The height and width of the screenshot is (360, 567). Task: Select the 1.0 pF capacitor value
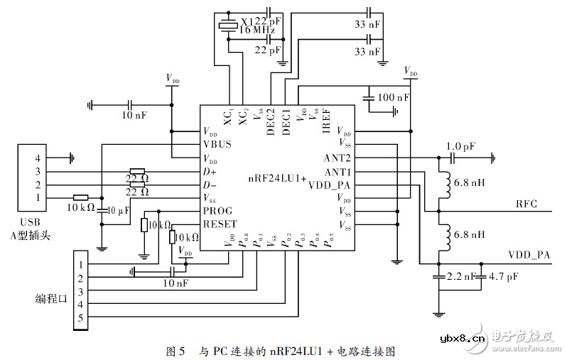pyautogui.click(x=460, y=146)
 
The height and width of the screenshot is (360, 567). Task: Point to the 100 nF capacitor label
pyautogui.click(x=394, y=97)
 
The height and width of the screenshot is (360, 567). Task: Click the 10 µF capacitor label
pyautogui.click(x=117, y=211)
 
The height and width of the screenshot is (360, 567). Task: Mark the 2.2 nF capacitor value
pyautogui.click(x=460, y=277)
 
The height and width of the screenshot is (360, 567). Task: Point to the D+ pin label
pyautogui.click(x=210, y=171)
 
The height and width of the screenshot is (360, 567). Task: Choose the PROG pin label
pyautogui.click(x=217, y=211)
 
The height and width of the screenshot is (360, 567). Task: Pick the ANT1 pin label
pyautogui.click(x=338, y=171)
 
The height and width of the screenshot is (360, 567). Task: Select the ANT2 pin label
pyautogui.click(x=338, y=158)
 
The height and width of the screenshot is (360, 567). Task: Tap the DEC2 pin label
pyautogui.click(x=273, y=117)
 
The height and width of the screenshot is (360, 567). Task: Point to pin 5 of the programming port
pyautogui.click(x=80, y=318)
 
